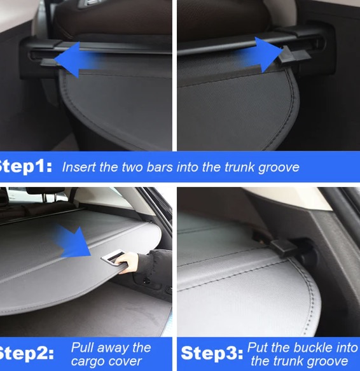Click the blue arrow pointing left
pos(76,60)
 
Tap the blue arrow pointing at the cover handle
pos(72,241)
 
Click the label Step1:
pos(25,167)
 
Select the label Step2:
pos(26,353)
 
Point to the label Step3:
pos(212,353)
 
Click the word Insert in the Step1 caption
pos(79,167)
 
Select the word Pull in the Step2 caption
pos(82,348)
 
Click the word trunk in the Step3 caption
pos(286,361)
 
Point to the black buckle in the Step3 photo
pos(284,248)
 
